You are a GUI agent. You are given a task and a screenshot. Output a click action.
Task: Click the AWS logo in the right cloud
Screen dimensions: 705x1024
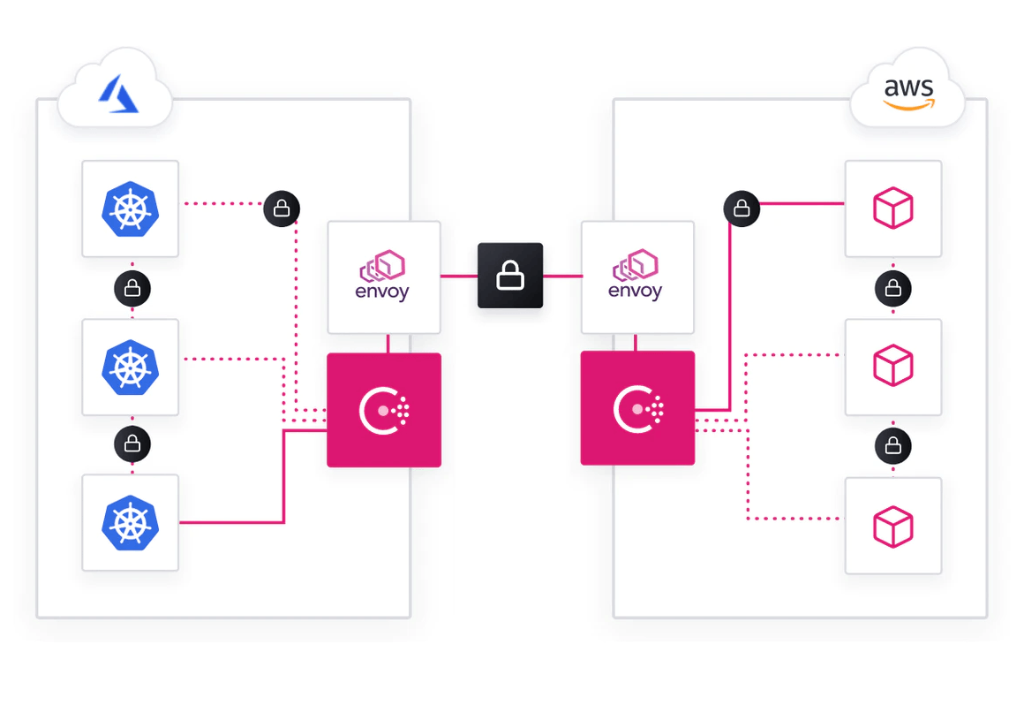pyautogui.click(x=908, y=94)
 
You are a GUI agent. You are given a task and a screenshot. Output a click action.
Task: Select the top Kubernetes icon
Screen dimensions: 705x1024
pyautogui.click(x=130, y=208)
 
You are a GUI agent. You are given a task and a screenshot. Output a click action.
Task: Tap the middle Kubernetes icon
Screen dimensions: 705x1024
pyautogui.click(x=130, y=367)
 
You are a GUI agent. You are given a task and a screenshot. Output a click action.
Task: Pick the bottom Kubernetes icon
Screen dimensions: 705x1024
pyautogui.click(x=130, y=522)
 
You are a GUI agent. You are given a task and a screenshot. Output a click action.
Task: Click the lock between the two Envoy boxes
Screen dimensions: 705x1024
pyautogui.click(x=510, y=276)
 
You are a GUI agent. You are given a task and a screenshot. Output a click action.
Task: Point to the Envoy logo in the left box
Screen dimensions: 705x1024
pyautogui.click(x=382, y=265)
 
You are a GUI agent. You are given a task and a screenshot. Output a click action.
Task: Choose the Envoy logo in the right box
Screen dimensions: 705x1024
pyautogui.click(x=636, y=265)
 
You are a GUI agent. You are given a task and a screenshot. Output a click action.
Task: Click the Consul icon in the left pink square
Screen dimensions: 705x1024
pyautogui.click(x=384, y=410)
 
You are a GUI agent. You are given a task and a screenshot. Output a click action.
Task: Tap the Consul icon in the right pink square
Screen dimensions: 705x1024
pyautogui.click(x=637, y=408)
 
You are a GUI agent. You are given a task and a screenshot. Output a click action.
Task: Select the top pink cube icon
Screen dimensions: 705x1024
pyautogui.click(x=892, y=208)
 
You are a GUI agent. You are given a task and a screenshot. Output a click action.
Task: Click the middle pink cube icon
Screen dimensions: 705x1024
pyautogui.click(x=892, y=366)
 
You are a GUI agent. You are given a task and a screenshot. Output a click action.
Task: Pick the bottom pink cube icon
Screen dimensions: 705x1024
pyautogui.click(x=892, y=527)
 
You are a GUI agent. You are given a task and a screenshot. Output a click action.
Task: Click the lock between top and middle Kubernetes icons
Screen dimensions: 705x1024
pyautogui.click(x=132, y=288)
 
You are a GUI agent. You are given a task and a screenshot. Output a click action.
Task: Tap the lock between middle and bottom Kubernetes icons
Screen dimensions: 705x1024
pyautogui.click(x=132, y=443)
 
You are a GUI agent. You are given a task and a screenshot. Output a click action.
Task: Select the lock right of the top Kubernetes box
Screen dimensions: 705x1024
pyautogui.click(x=282, y=208)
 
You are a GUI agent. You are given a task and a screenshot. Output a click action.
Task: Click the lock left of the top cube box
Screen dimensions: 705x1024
pyautogui.click(x=742, y=208)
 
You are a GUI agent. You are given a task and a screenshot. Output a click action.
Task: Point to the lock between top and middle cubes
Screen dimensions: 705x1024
pyautogui.click(x=893, y=288)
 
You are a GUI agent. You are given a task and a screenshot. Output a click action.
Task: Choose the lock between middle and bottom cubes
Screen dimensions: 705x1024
pyautogui.click(x=893, y=445)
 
